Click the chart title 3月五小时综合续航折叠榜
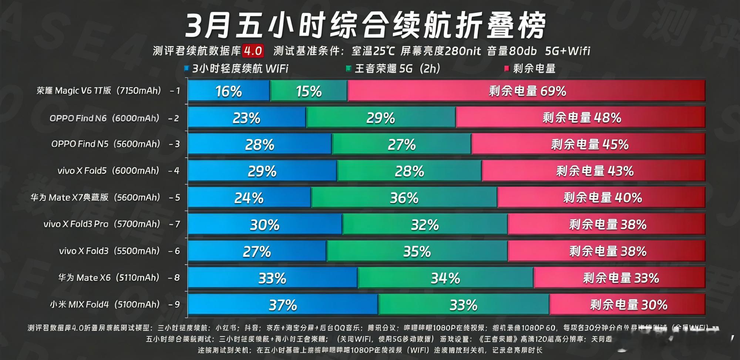(x=366, y=25)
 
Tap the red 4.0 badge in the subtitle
(x=253, y=51)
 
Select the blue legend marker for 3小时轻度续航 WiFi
(x=187, y=68)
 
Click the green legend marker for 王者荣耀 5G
(x=348, y=68)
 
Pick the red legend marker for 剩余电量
(x=507, y=68)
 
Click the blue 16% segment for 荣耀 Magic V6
(x=229, y=91)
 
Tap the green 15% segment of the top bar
(x=309, y=91)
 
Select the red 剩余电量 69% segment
(x=527, y=91)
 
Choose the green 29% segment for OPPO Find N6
(x=381, y=118)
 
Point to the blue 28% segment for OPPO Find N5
(x=259, y=144)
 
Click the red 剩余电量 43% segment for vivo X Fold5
(x=594, y=171)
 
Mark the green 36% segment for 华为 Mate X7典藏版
(x=404, y=198)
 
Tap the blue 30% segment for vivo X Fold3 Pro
(x=265, y=225)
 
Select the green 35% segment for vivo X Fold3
(x=417, y=252)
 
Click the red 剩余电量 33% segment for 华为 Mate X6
(x=620, y=278)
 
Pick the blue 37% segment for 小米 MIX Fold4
(x=283, y=305)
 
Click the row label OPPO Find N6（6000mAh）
(x=104, y=118)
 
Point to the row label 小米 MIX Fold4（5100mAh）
(x=105, y=305)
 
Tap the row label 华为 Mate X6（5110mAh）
(x=109, y=277)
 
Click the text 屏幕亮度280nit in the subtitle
(x=441, y=51)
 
